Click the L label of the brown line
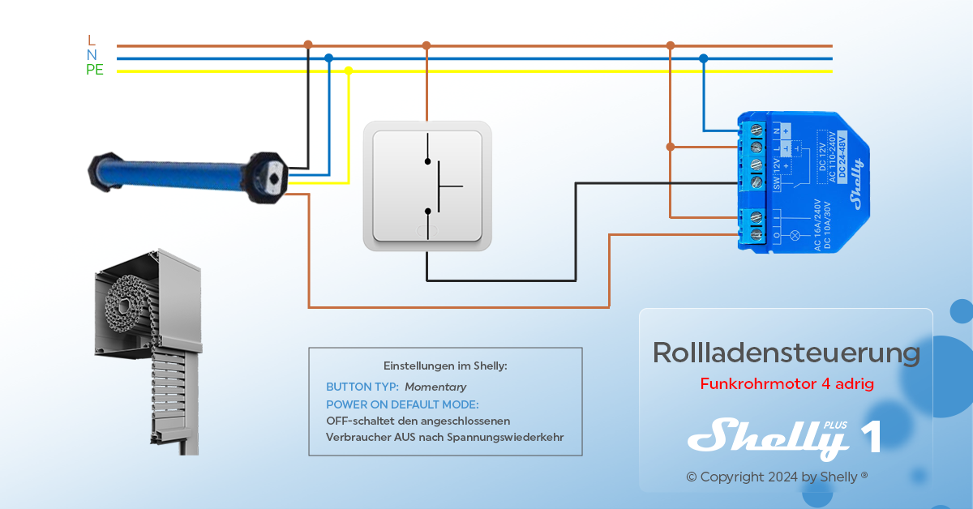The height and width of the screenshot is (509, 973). click(91, 40)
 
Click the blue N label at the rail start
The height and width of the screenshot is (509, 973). click(92, 55)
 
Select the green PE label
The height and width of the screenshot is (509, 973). click(95, 71)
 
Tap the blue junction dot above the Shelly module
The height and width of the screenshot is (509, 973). click(703, 58)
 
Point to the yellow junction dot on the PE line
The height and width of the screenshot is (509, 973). click(349, 71)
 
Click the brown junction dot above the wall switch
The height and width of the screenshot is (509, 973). click(426, 46)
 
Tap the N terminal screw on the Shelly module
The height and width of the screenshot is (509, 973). click(757, 130)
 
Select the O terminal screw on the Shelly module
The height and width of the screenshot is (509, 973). click(757, 234)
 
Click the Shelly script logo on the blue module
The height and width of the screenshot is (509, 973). click(857, 185)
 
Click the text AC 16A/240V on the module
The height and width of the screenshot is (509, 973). click(816, 225)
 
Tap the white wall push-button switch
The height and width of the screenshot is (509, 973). click(427, 186)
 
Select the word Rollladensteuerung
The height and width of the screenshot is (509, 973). click(786, 353)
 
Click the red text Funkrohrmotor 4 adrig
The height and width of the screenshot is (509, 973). click(787, 383)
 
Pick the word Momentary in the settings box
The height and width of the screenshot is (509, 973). click(435, 387)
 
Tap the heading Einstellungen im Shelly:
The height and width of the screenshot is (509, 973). click(445, 366)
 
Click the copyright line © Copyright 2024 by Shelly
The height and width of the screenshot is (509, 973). click(777, 477)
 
